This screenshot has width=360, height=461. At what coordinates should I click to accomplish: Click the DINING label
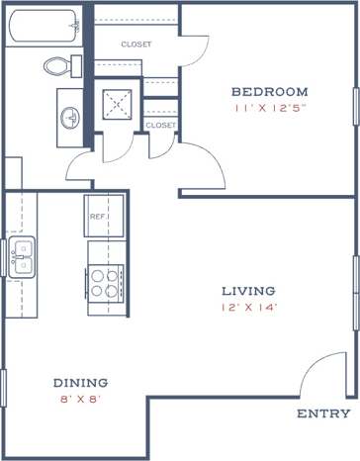[80, 383]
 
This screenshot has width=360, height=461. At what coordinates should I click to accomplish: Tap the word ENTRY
[322, 414]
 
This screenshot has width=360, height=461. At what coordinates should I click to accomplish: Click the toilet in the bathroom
[61, 66]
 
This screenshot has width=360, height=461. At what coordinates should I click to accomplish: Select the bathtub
[42, 25]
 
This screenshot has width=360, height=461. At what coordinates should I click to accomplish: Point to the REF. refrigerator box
[98, 215]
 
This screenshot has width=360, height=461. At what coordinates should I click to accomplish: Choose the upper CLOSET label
[135, 45]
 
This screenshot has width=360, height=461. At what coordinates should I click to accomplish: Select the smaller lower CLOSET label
[159, 126]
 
